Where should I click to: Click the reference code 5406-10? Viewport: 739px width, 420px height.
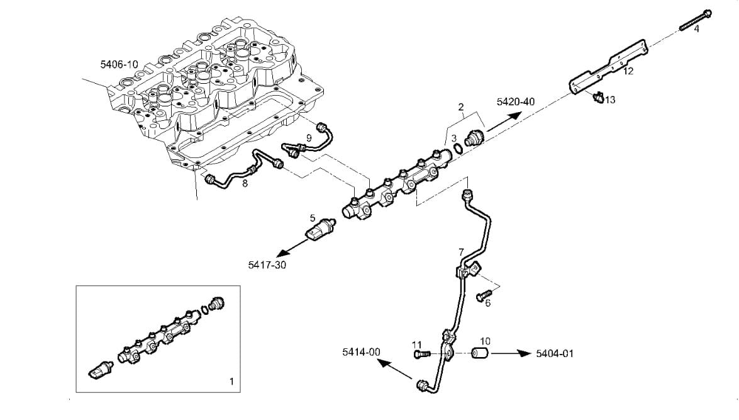(x=119, y=64)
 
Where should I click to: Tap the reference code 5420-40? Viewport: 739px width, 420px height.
(x=516, y=101)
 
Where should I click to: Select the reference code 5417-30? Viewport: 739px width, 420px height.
(x=267, y=265)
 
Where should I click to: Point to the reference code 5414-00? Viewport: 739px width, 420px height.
(x=361, y=352)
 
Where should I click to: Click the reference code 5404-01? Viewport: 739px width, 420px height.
(x=555, y=353)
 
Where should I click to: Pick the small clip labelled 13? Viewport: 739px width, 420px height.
(x=597, y=98)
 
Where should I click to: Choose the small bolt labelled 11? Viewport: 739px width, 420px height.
(x=422, y=355)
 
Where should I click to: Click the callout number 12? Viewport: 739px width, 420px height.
(x=628, y=71)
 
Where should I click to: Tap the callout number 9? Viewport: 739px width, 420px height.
(x=309, y=137)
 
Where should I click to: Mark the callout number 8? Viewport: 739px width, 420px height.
(x=245, y=184)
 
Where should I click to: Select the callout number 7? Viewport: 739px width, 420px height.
(x=461, y=252)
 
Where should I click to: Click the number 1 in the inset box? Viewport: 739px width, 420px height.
(x=231, y=381)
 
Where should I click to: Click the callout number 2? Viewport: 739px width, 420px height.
(x=461, y=107)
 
